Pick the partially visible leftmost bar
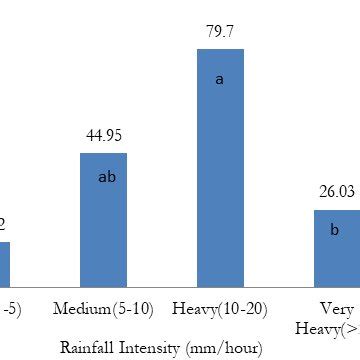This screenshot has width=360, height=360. tap(5, 264)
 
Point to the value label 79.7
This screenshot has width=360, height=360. tap(219, 32)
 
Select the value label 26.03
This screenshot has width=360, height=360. tap(336, 193)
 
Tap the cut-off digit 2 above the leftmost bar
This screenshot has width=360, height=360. tap(3, 224)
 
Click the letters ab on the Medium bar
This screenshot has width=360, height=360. tap(108, 177)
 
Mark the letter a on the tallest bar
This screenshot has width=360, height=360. tap(219, 77)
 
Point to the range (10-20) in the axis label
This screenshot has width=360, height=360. tap(240, 308)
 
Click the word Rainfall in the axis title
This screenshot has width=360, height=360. tap(87, 348)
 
